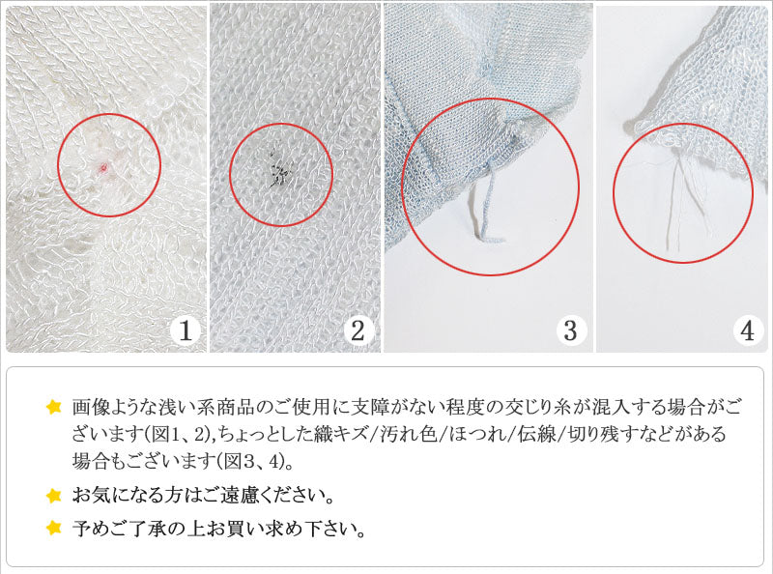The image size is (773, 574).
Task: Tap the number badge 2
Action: [x=358, y=331]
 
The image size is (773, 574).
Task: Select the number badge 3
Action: [x=570, y=331]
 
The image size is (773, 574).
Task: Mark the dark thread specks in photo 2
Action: [x=279, y=172]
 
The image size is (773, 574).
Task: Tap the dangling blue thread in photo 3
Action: [x=483, y=203]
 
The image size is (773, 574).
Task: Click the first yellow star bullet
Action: [x=53, y=406]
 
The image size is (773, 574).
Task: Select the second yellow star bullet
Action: [x=53, y=497]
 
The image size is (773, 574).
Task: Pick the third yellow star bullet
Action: [x=53, y=529]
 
